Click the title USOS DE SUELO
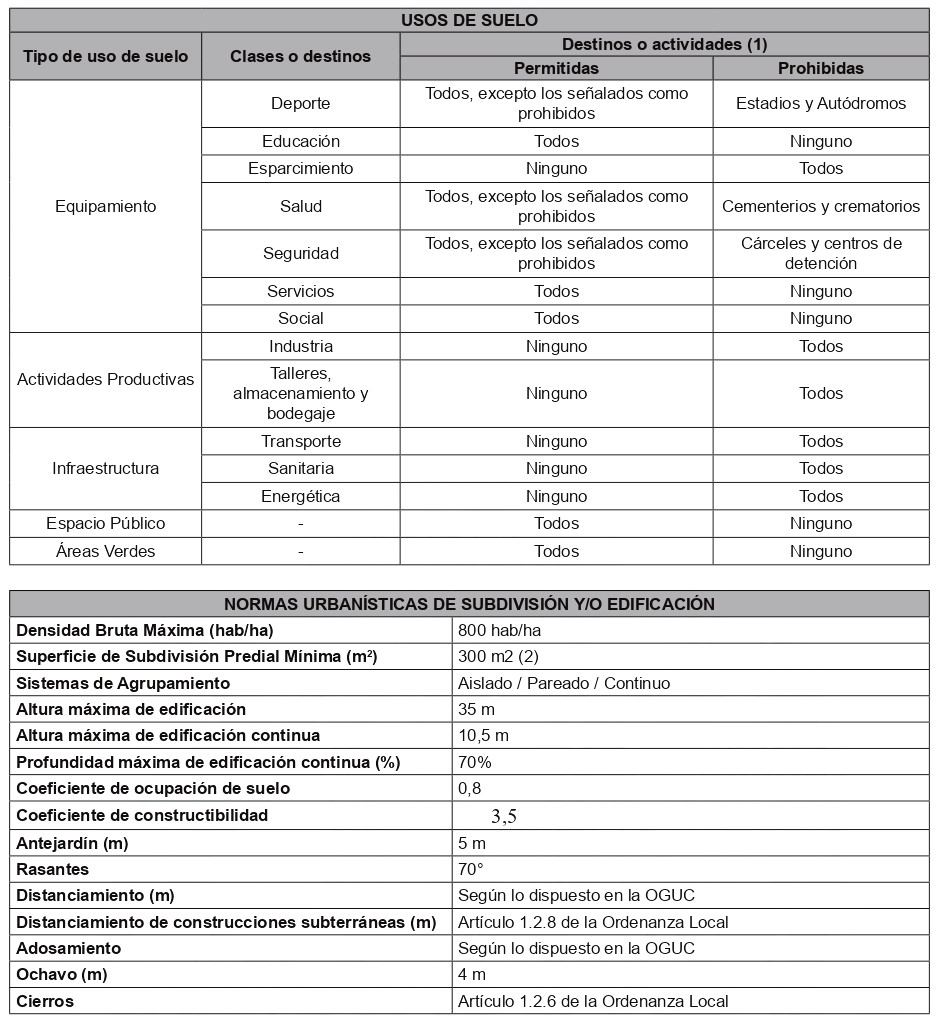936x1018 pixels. (469, 20)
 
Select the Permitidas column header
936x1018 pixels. (556, 68)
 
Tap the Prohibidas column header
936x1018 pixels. (820, 68)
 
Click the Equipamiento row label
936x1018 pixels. (106, 206)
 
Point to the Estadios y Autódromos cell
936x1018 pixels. (820, 103)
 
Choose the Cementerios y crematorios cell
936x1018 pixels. (820, 206)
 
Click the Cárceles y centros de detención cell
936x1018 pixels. (820, 253)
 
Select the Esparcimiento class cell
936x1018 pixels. (300, 168)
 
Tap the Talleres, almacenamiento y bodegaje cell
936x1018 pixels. (300, 393)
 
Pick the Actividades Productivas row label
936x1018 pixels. (106, 379)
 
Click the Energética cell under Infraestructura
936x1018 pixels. (300, 496)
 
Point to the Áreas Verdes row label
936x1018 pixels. (106, 551)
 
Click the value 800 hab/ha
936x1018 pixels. (500, 631)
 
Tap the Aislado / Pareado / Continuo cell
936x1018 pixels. (564, 683)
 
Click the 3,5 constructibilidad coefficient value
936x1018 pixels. (504, 816)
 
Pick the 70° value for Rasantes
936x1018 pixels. (471, 869)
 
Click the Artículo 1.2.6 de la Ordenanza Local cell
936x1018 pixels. (593, 1001)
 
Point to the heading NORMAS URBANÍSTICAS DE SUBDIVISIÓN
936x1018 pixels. (469, 604)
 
